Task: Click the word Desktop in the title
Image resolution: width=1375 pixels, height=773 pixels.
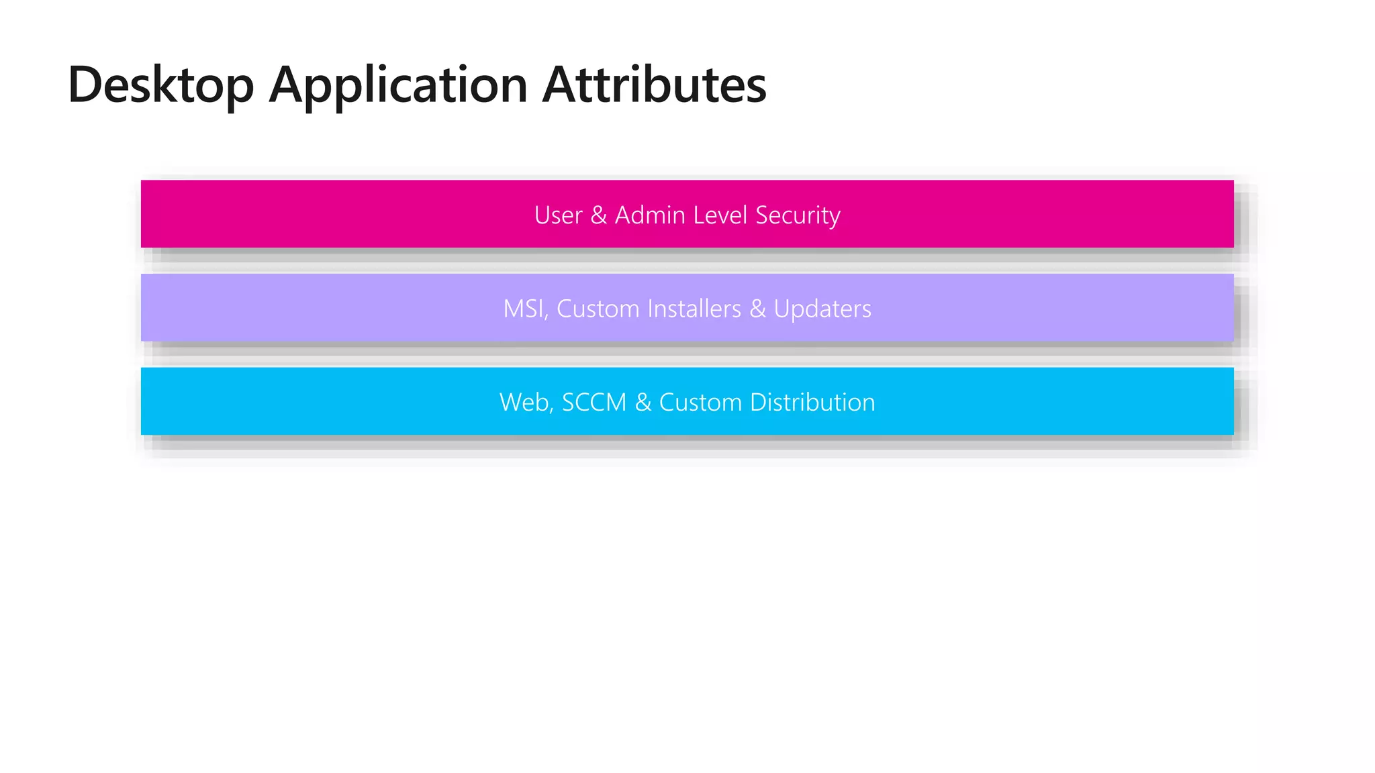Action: [161, 85]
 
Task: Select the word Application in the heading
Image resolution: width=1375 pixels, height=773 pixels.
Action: [399, 85]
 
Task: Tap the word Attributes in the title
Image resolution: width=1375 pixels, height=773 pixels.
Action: [654, 85]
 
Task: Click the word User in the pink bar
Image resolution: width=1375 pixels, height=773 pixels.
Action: [558, 215]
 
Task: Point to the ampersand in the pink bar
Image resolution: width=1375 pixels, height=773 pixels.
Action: [599, 215]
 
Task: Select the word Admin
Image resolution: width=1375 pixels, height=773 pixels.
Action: [649, 215]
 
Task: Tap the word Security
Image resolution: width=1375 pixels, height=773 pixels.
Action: [798, 216]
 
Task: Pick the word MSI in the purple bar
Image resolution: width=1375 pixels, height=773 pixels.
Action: [524, 309]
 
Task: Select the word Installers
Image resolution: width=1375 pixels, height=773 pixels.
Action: [694, 309]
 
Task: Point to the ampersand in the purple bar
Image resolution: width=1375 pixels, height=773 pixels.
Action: [757, 309]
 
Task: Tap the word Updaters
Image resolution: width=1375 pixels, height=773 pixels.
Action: [822, 309]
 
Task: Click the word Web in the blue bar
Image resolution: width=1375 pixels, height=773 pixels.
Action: [524, 403]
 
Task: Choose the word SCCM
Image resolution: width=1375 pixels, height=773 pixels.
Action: [594, 403]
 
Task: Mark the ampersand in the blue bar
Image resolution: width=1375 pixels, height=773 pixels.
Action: [643, 403]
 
